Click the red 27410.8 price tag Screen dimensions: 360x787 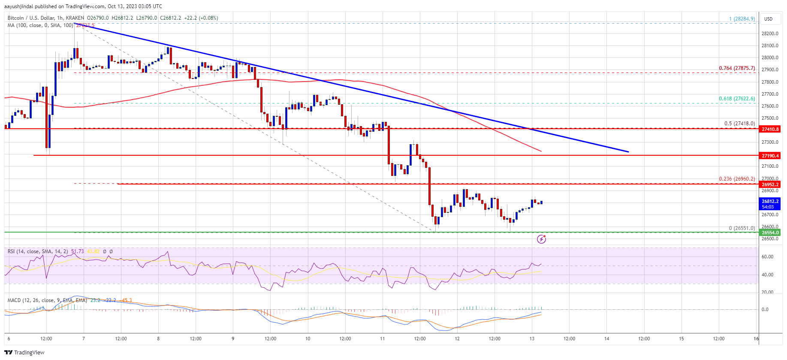tap(770, 129)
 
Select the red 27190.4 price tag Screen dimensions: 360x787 tap(770, 156)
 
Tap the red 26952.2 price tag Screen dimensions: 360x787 tap(770, 185)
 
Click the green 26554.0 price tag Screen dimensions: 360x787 tap(770, 233)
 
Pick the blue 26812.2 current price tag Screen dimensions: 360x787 tap(770, 203)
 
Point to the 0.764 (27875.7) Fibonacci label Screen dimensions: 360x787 tap(737, 68)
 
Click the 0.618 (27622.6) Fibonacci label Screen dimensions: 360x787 tap(737, 99)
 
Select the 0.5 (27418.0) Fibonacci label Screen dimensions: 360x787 tap(739, 124)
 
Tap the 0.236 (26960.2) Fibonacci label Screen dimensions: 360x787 tap(737, 179)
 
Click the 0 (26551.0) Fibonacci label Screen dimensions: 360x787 tap(742, 228)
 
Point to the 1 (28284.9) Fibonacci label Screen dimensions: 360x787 tap(742, 19)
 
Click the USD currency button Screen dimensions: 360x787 tap(768, 19)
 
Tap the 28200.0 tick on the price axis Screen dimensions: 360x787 tap(769, 33)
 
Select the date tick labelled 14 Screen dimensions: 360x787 tap(606, 339)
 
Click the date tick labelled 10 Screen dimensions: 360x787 tap(308, 339)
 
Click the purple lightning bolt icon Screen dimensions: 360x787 tap(541, 239)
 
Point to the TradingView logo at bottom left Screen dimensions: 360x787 tap(24, 352)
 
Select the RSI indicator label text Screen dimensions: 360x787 tap(38, 251)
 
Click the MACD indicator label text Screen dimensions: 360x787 tap(47, 300)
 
